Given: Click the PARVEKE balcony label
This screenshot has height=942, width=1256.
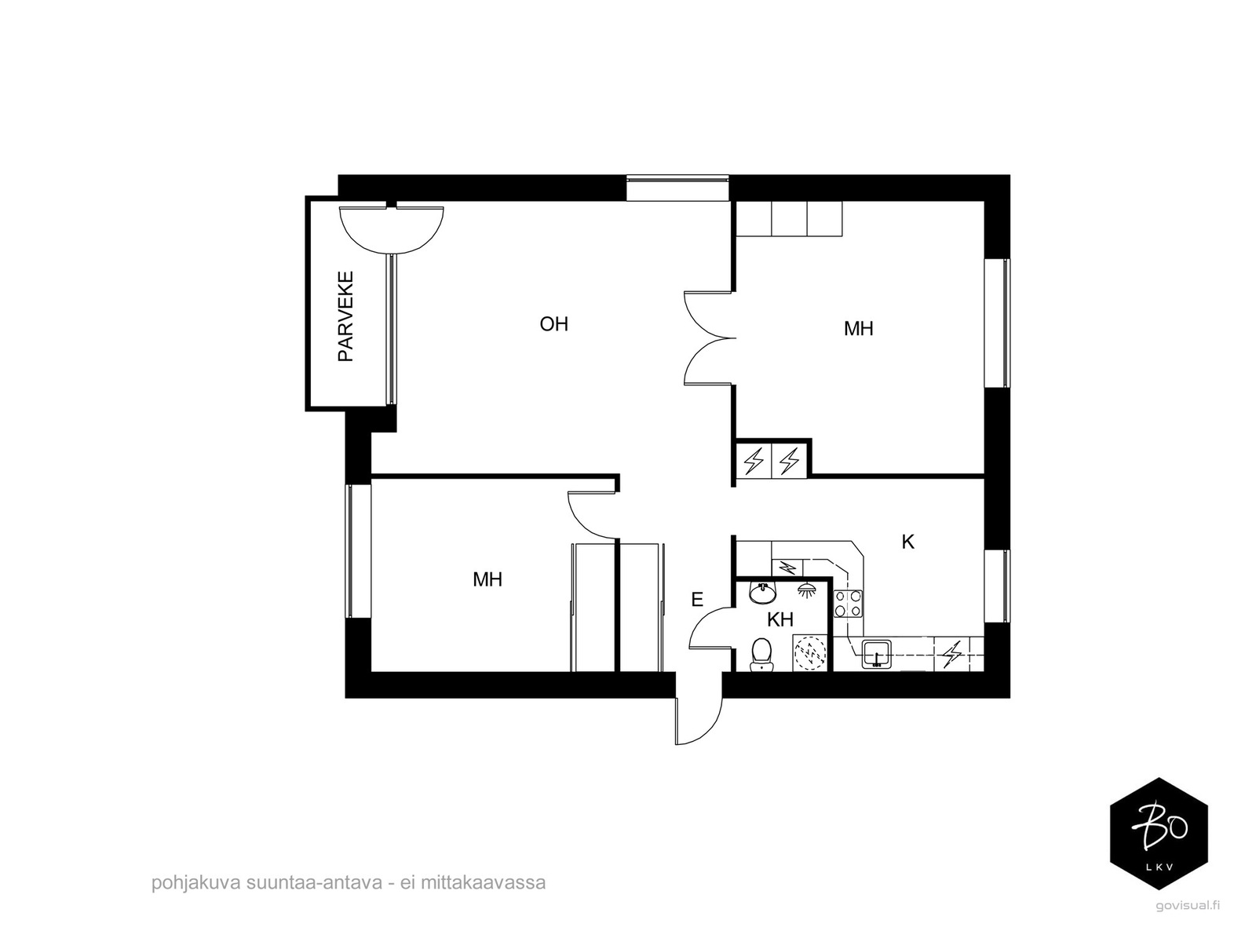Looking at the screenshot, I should (346, 316).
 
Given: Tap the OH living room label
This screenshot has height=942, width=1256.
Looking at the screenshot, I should (553, 324).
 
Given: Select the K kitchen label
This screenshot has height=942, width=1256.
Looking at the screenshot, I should (908, 542).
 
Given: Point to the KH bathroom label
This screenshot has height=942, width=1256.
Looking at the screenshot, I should (780, 619).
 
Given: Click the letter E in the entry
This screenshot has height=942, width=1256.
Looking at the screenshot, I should (696, 601).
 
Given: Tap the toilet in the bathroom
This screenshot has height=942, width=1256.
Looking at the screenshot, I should (761, 654).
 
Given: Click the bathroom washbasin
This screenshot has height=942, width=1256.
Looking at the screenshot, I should (762, 593).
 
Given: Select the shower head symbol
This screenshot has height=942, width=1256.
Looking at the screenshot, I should (805, 588).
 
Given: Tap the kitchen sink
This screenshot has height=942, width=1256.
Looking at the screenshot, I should (875, 652).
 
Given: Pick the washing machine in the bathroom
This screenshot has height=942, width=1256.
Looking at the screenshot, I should (810, 653).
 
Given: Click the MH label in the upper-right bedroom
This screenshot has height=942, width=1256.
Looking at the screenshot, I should (858, 329).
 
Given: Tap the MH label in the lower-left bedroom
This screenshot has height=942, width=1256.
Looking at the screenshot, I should (487, 580).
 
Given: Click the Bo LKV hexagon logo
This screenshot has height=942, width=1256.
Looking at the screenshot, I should (1158, 833).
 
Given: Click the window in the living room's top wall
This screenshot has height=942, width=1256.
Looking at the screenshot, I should (678, 188).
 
